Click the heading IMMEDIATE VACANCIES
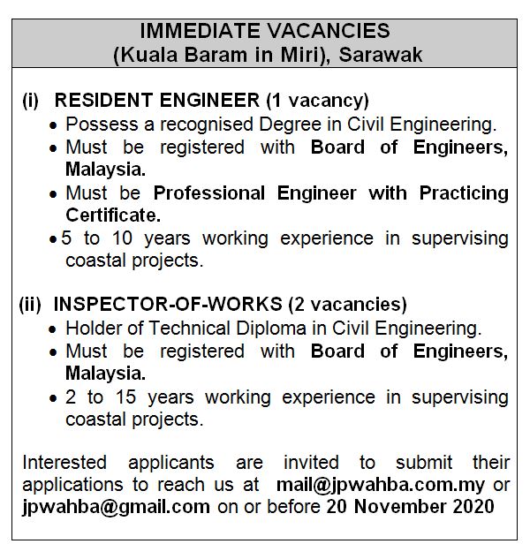tap(264, 31)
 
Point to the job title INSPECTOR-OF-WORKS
tap(169, 305)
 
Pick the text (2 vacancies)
tap(348, 305)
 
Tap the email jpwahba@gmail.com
tap(116, 507)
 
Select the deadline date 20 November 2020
tap(410, 507)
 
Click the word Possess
tap(100, 125)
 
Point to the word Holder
tap(93, 329)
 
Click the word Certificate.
tap(113, 215)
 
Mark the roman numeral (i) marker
tap(30, 101)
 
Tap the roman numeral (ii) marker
tap(32, 305)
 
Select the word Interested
tap(64, 462)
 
